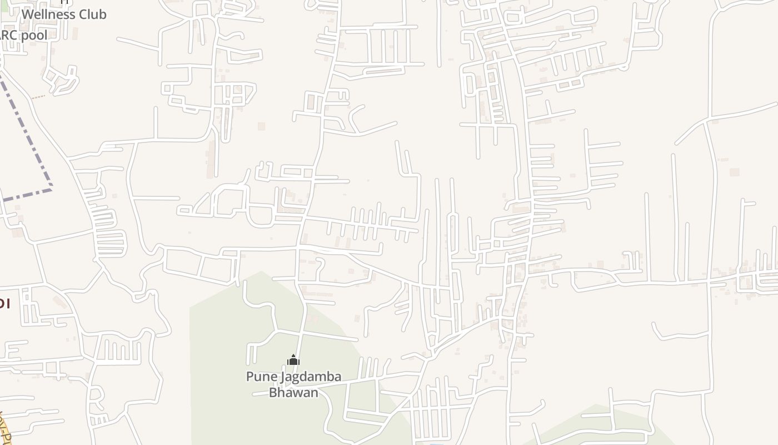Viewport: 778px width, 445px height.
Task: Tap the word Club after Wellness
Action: coord(92,14)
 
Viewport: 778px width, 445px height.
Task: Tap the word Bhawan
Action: coord(293,392)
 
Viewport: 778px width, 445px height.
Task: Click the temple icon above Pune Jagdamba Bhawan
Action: coord(293,360)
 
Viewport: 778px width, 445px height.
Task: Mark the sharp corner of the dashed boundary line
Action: coord(51,188)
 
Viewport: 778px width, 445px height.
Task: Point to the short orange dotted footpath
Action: coord(38,97)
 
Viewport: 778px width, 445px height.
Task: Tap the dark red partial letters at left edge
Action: coord(4,304)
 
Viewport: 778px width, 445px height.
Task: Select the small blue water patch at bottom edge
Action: coord(437,443)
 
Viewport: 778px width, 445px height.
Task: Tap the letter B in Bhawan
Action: coord(273,392)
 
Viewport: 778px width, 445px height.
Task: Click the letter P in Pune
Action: coord(250,377)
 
